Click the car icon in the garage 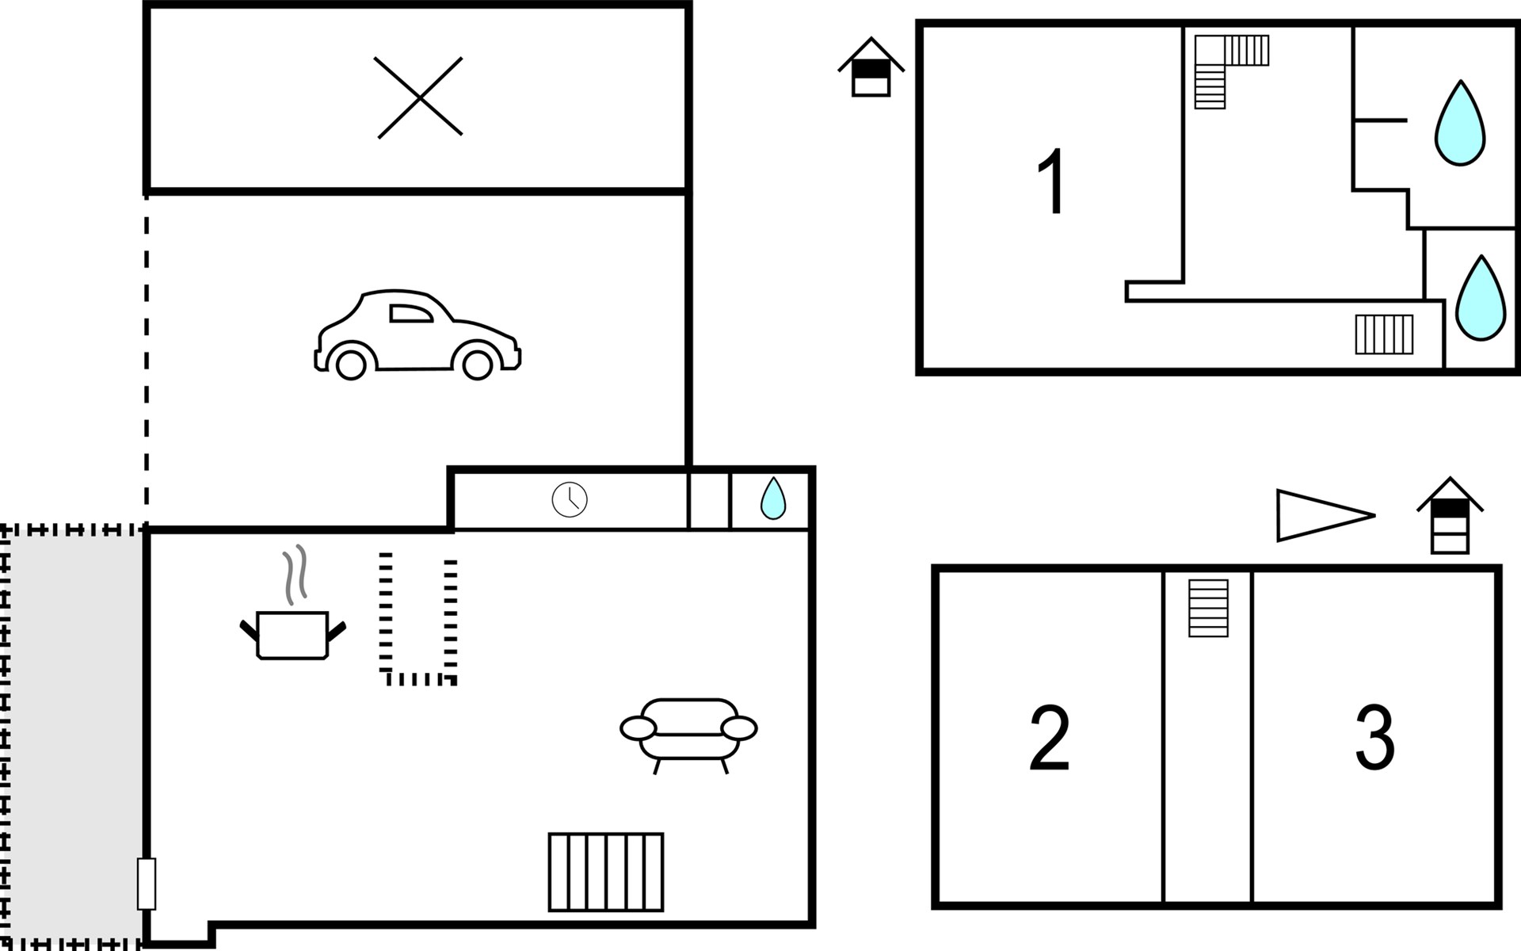[x=417, y=335]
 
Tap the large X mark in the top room [x=419, y=97]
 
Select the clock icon [x=570, y=500]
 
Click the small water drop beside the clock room [x=773, y=499]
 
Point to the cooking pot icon [x=292, y=635]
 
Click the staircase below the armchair [x=606, y=872]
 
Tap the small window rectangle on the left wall [x=147, y=884]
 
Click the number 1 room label [x=1052, y=182]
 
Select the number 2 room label [x=1050, y=738]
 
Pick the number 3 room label [x=1375, y=738]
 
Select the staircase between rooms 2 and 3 [x=1208, y=609]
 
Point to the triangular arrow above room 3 [x=1320, y=516]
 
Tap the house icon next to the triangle [x=1450, y=517]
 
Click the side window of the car [x=411, y=314]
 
